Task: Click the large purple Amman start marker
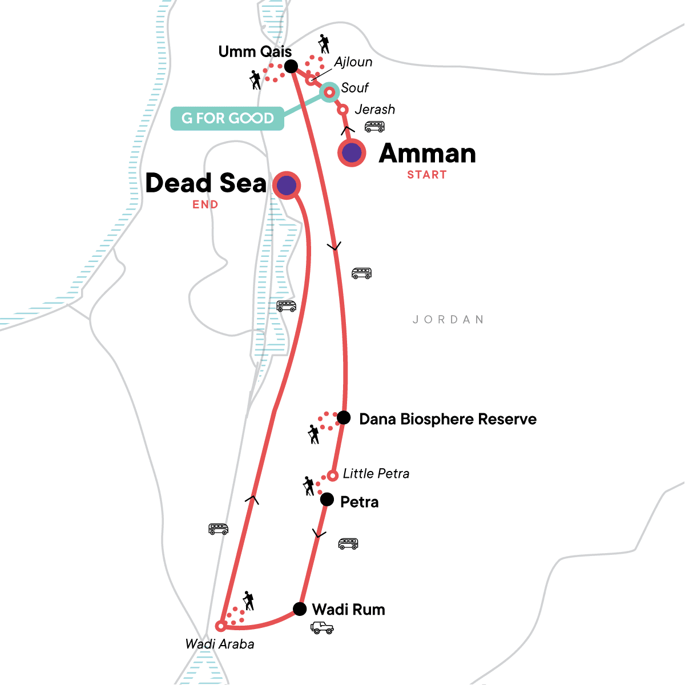pos(352,152)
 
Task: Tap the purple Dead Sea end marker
pos(287,185)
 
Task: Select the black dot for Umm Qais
pos(291,66)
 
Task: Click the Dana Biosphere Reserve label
pos(448,420)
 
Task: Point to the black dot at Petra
pos(327,500)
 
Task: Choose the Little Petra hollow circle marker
pos(333,476)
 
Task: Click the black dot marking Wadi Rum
pos(300,609)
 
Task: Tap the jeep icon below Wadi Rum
pos(322,628)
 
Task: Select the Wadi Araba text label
pos(220,644)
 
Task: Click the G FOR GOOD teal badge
pos(227,118)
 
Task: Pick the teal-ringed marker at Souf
pos(329,91)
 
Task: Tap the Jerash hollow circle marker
pos(342,110)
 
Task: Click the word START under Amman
pos(426,175)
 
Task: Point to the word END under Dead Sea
pos(205,205)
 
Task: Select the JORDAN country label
pos(448,320)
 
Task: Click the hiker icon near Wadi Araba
pos(248,601)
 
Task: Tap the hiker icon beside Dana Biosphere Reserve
pos(313,434)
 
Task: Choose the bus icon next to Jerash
pos(374,127)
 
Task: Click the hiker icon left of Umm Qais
pos(256,80)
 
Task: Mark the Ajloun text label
pos(353,62)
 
